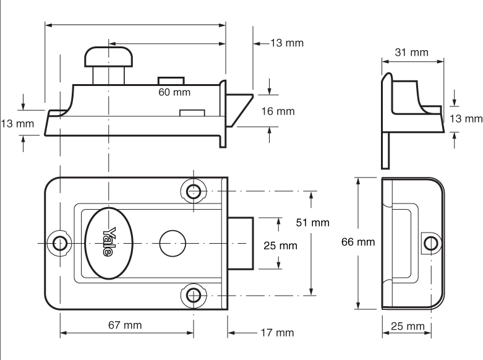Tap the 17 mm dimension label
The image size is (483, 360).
coord(276,333)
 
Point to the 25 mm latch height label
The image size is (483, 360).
coord(280,246)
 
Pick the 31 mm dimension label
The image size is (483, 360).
coord(411,53)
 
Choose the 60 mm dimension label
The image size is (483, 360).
coord(174,92)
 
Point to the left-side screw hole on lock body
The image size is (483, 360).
coord(60,242)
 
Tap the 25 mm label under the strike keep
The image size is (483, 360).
coord(407,326)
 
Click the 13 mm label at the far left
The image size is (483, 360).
coord(17,124)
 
